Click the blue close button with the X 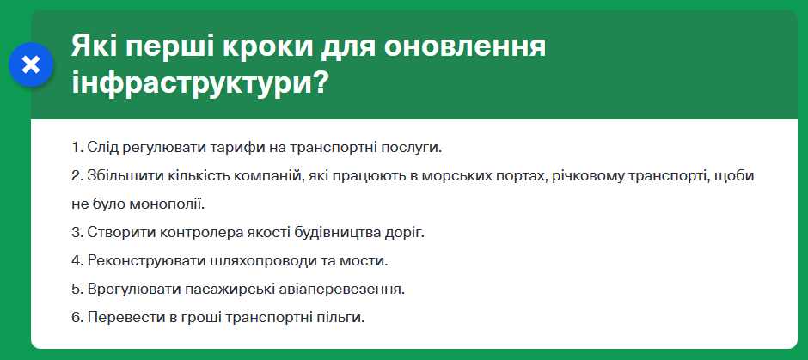tap(31, 64)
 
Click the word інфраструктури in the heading tap(192, 83)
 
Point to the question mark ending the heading tap(321, 81)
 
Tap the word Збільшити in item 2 tap(119, 175)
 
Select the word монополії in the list tap(167, 204)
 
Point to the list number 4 tap(77, 260)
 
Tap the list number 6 tap(77, 317)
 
